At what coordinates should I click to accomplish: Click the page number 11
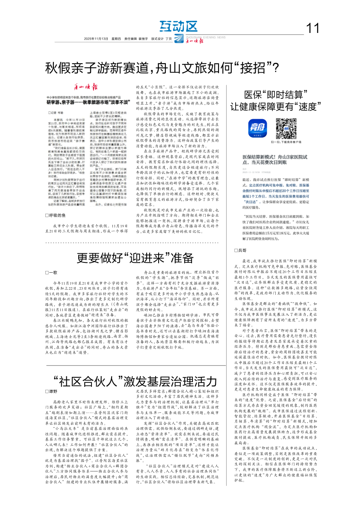click(313, 28)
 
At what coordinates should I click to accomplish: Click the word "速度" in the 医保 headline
click(305, 106)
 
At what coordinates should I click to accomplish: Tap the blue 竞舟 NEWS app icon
click(258, 127)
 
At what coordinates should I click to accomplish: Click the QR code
click(286, 127)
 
